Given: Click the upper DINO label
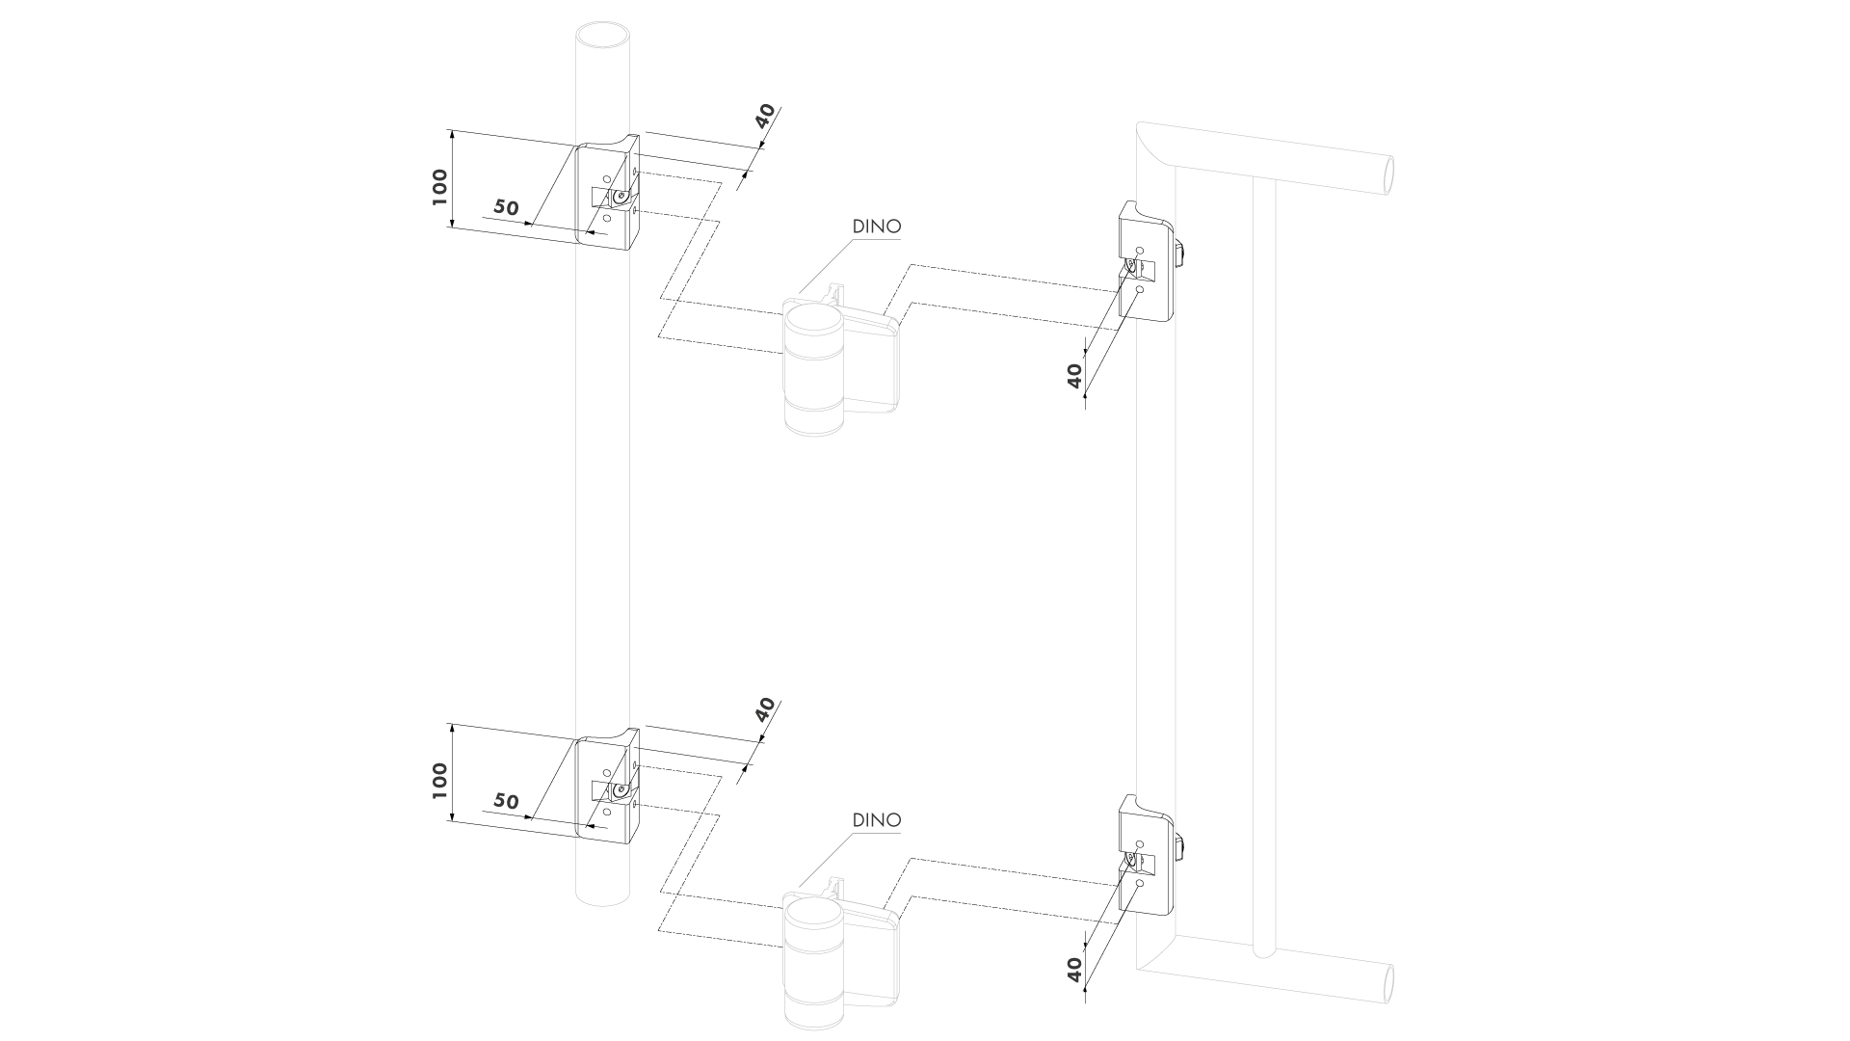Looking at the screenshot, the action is [x=877, y=227].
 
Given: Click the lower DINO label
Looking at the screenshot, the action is [x=877, y=820].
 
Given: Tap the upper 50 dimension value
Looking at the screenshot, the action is [x=507, y=207].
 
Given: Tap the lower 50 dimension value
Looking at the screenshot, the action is [x=507, y=801].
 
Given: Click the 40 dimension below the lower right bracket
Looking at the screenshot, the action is [x=1075, y=967].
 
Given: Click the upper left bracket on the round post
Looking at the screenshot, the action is [x=607, y=193].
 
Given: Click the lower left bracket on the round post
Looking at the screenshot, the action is [x=607, y=787].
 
